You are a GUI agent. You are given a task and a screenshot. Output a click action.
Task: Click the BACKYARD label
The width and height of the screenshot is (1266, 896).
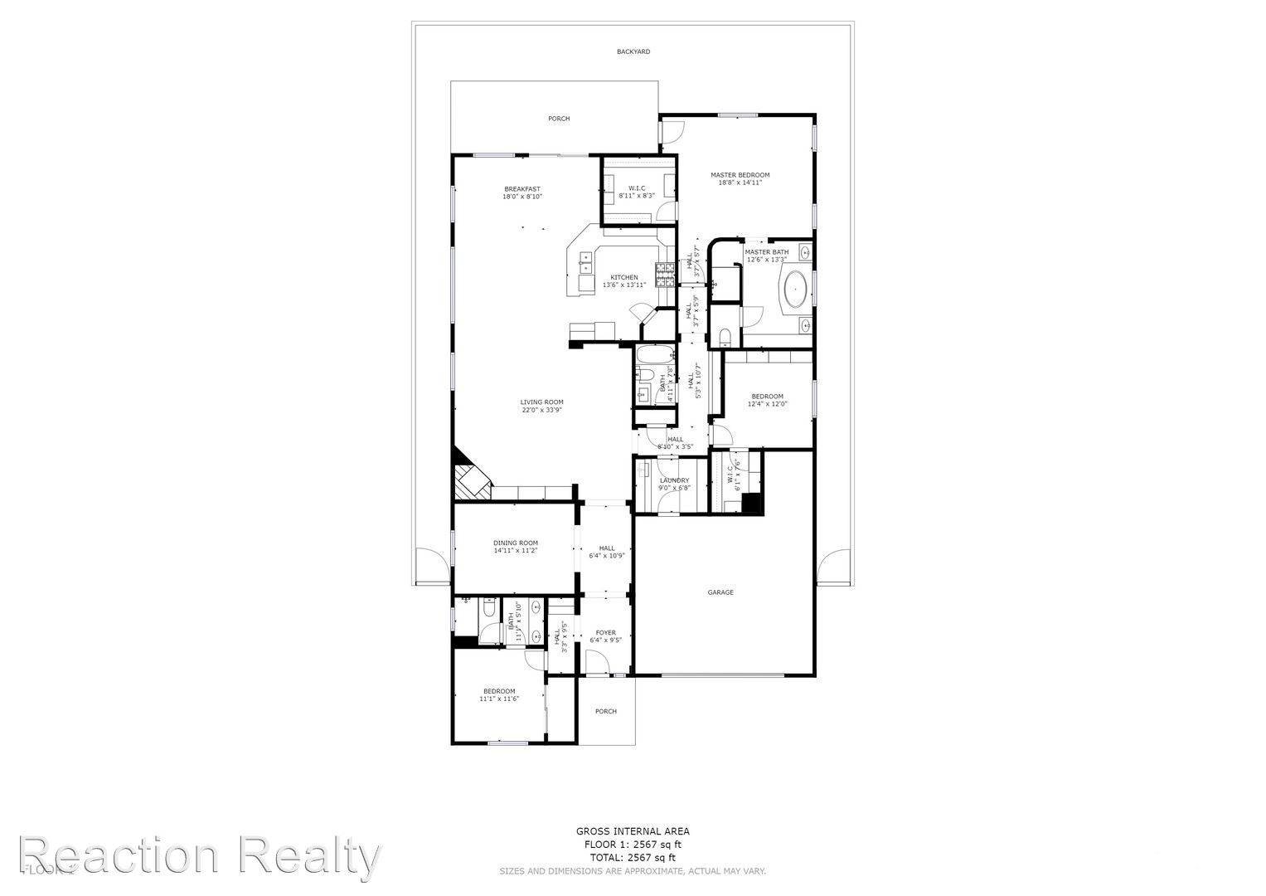tap(633, 52)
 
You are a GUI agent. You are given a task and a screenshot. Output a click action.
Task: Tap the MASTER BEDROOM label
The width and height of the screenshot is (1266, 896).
tap(740, 175)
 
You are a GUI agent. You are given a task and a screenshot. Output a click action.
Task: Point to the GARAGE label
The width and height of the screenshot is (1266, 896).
tap(720, 592)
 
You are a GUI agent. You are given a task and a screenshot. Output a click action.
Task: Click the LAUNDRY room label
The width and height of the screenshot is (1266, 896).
tap(674, 480)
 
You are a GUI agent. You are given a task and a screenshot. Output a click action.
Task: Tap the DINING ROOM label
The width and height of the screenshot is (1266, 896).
tap(516, 543)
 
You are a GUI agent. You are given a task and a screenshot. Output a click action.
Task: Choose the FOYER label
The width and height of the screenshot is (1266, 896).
tap(605, 633)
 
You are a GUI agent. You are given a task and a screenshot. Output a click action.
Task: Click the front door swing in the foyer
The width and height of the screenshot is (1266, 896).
tap(597, 663)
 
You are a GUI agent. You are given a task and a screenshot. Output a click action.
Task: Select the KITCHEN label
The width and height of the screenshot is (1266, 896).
tap(624, 277)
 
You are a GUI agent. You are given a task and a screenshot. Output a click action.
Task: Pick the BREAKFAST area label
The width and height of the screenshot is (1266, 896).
tap(521, 189)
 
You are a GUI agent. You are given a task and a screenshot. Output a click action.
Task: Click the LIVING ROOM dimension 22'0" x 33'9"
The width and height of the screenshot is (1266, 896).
tap(542, 410)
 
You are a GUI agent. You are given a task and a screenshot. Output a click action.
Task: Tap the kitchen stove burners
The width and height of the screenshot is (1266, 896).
tap(665, 275)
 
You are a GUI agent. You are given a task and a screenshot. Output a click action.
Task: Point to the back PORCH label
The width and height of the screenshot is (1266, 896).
tap(559, 119)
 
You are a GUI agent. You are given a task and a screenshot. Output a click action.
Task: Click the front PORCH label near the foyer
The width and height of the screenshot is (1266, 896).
tap(605, 711)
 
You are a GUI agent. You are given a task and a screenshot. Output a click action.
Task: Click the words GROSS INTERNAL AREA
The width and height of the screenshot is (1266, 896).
tap(633, 831)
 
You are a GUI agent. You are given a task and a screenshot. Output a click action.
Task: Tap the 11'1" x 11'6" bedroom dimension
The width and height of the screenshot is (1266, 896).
tap(499, 699)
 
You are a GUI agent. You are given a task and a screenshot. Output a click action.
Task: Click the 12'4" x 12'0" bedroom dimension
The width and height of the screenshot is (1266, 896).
tap(767, 404)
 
